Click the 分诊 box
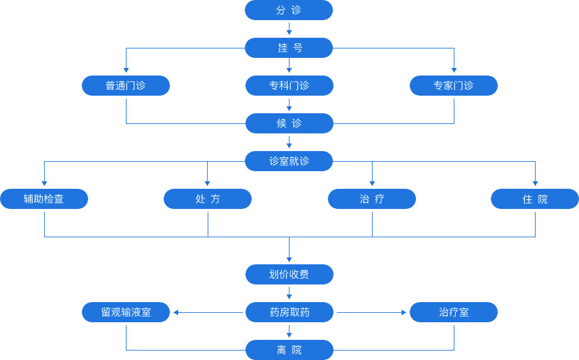point(289,10)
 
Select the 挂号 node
point(289,48)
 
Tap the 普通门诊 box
point(126,86)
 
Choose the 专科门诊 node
point(289,86)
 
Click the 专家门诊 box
point(453,86)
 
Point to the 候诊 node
point(289,123)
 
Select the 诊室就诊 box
point(289,161)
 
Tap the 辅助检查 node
point(44,199)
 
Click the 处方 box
point(208,199)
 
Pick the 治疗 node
point(371,199)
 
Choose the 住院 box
point(535,199)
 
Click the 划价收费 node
point(289,274)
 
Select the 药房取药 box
point(289,312)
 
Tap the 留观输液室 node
point(126,312)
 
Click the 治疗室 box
point(453,312)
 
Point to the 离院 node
point(289,350)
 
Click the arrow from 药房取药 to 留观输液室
point(208,312)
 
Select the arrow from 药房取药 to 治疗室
point(371,312)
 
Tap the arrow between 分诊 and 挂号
point(289,29)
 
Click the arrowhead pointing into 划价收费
point(289,259)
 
